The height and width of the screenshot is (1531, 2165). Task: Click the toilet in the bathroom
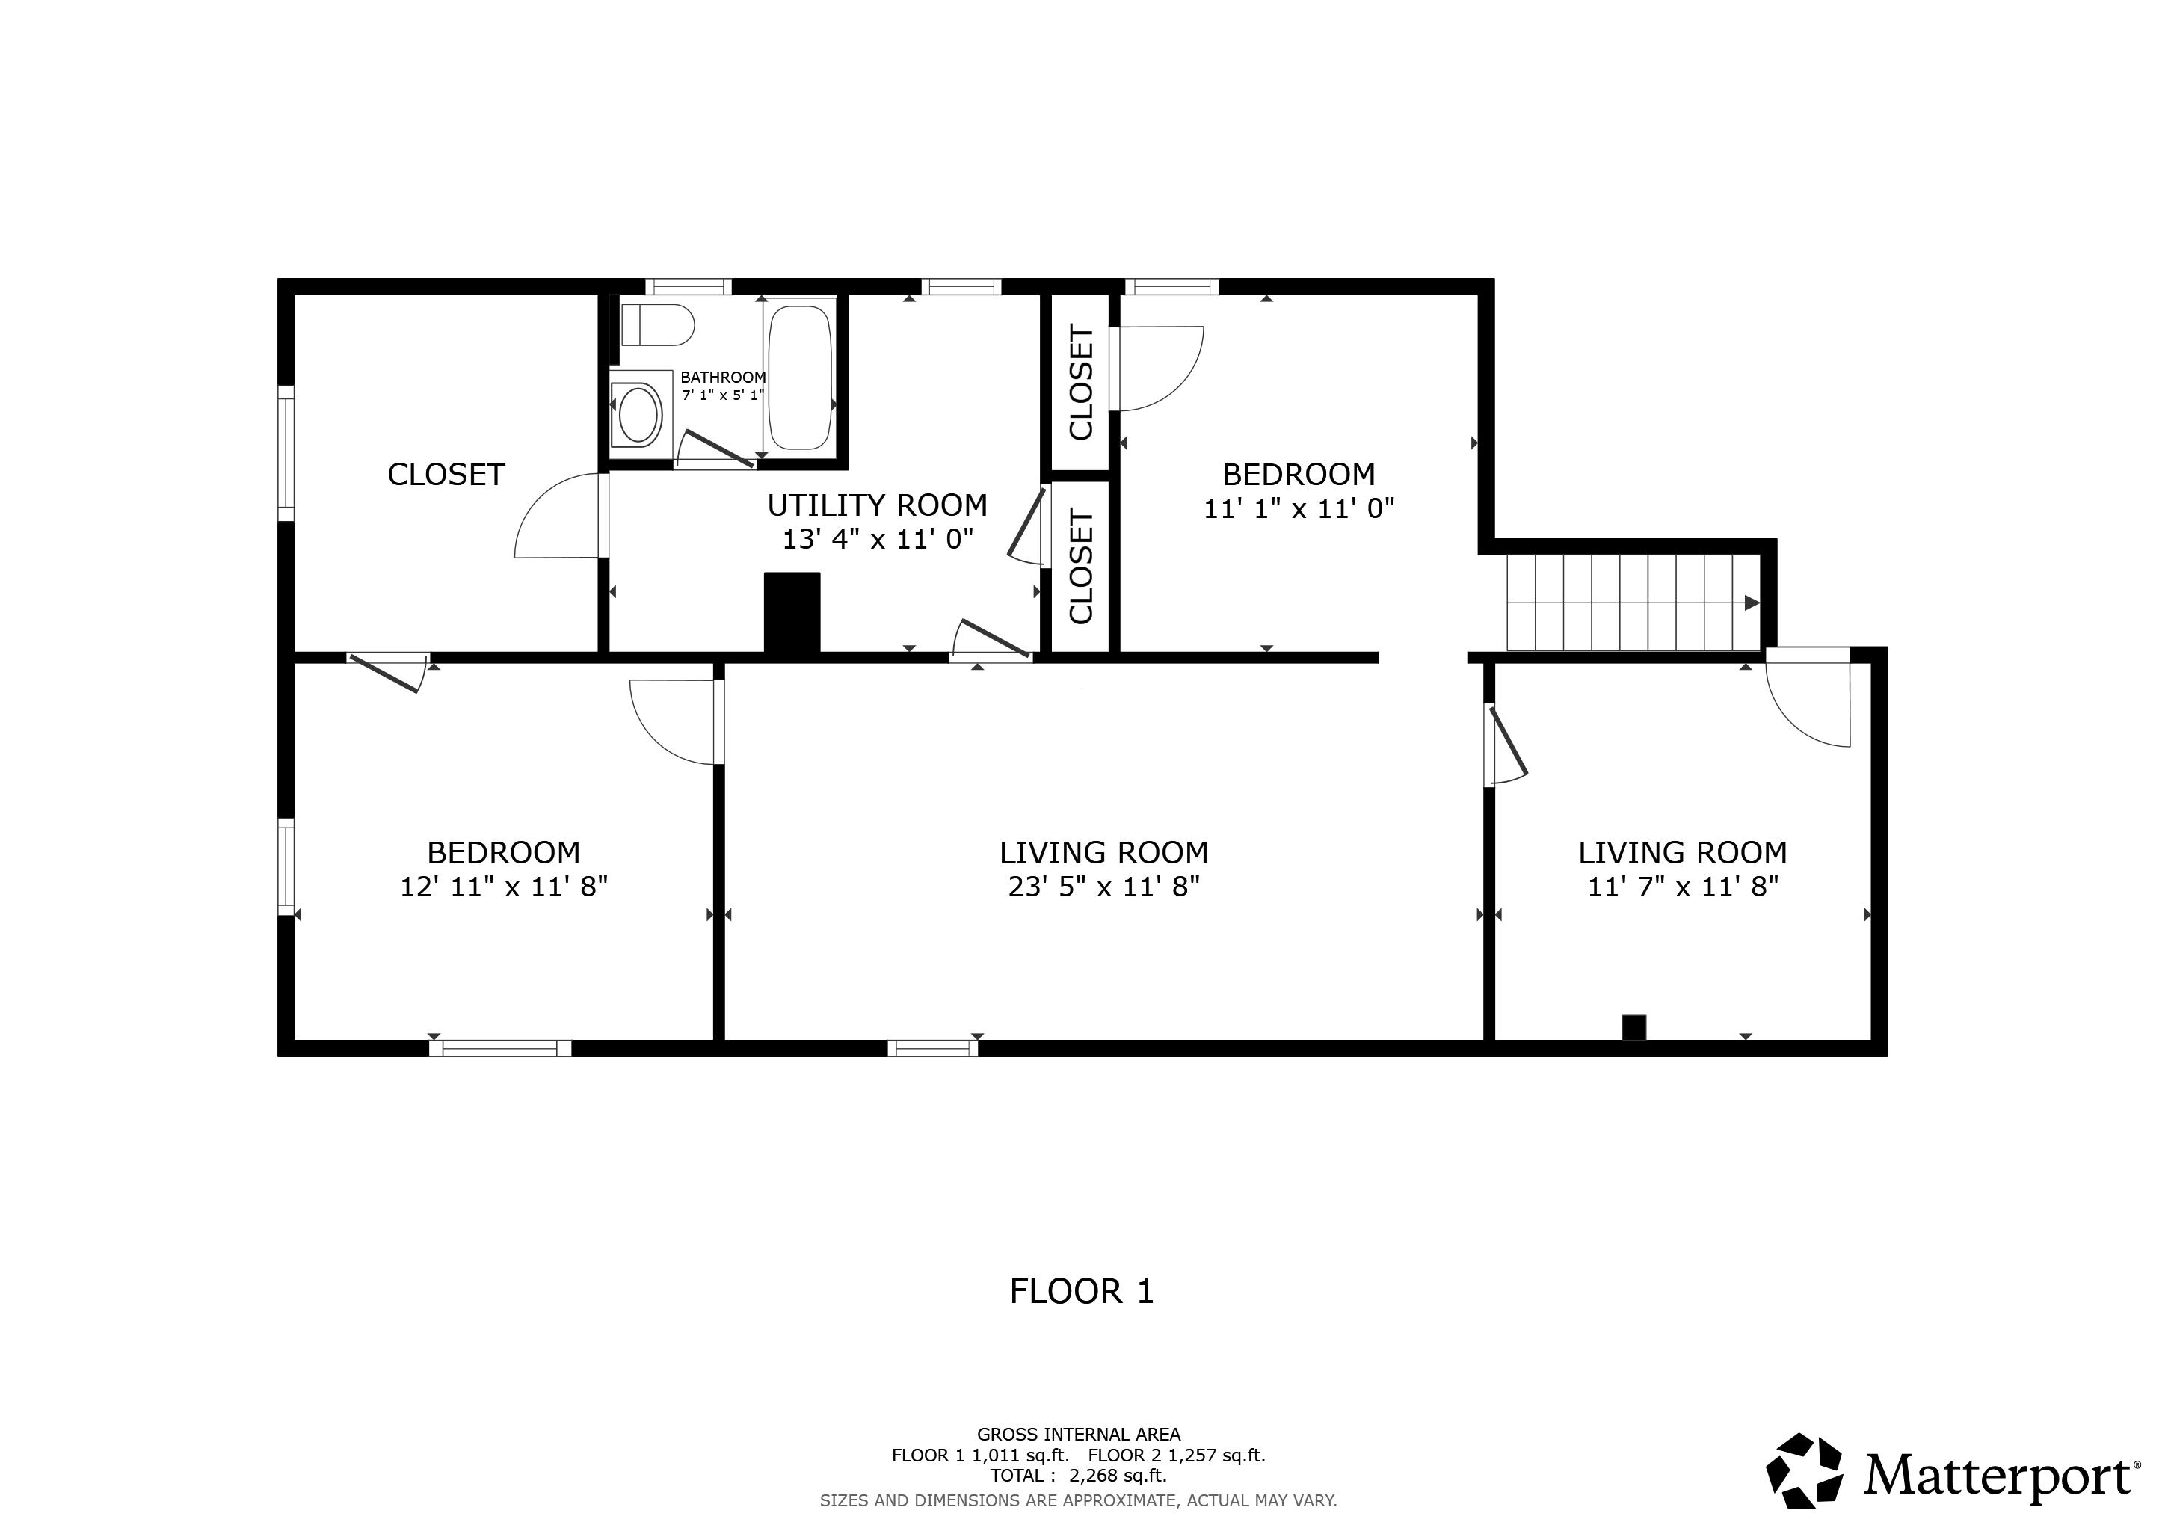658,325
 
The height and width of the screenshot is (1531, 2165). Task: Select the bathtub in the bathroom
800,376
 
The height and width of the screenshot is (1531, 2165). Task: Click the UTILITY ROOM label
877,505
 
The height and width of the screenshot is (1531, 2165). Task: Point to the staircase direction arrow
1751,603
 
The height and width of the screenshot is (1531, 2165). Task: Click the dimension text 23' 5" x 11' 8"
1103,887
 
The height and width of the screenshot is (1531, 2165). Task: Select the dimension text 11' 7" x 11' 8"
1682,887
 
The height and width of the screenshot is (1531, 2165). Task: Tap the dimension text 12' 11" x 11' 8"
504,887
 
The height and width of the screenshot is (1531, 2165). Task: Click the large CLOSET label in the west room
446,474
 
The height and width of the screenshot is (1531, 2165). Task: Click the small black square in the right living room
1633,1028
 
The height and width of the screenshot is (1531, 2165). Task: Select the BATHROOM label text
722,377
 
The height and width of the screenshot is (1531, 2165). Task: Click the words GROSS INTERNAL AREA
1078,1434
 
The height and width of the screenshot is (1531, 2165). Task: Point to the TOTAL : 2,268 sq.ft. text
1078,1476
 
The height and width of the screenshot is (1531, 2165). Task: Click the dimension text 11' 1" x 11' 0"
1299,509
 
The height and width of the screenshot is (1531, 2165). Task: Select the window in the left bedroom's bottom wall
500,1047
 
